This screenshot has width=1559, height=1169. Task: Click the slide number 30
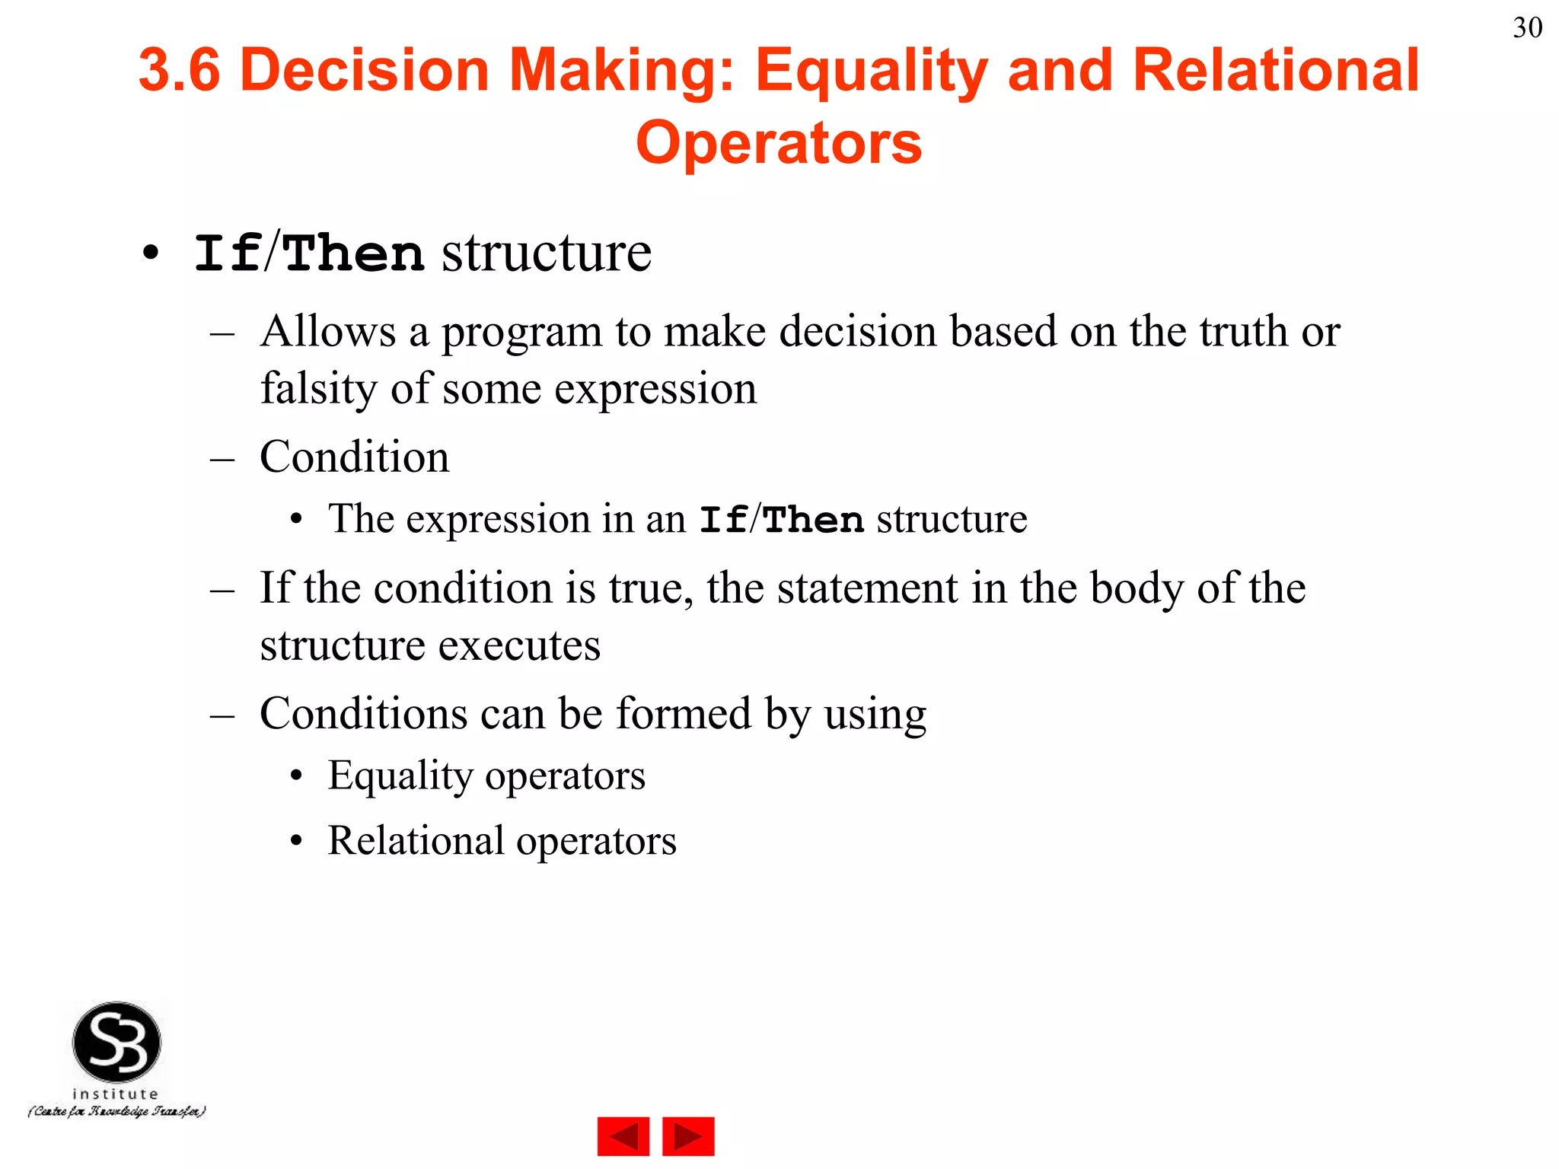(x=1527, y=28)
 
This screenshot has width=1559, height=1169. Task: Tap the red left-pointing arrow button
(x=623, y=1136)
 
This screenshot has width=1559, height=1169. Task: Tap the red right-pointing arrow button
(x=688, y=1136)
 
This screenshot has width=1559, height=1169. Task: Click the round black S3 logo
(x=116, y=1042)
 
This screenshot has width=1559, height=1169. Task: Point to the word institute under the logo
(x=115, y=1094)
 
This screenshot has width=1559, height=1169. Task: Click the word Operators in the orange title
(x=779, y=142)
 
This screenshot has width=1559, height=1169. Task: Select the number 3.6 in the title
(x=180, y=70)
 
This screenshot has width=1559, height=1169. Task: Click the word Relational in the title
(x=1276, y=70)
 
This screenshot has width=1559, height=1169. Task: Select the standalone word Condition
(x=354, y=457)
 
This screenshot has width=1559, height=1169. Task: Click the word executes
(x=519, y=645)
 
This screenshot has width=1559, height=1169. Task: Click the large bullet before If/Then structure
(x=151, y=253)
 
